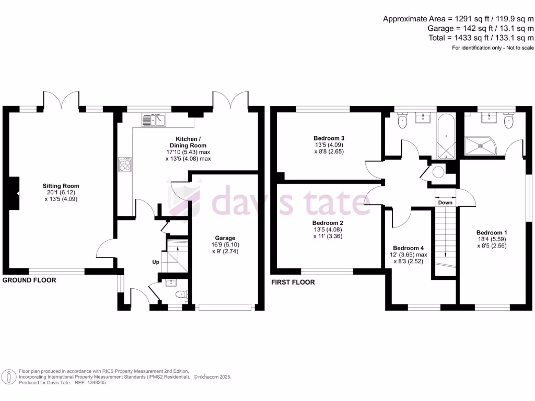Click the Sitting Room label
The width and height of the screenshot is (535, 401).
[x=61, y=186]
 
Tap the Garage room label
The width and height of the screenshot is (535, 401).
[x=225, y=238]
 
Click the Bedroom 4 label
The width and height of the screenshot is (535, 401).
[x=409, y=248]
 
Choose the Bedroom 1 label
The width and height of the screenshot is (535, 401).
[x=492, y=232]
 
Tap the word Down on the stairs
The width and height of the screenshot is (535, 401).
[x=445, y=202]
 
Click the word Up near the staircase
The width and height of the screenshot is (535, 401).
[x=156, y=262]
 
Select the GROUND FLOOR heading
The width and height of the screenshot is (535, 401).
[x=29, y=280]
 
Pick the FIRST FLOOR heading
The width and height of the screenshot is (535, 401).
[x=293, y=282]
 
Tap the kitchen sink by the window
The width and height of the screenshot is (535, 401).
[x=153, y=120]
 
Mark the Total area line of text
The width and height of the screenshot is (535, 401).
[x=480, y=38]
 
